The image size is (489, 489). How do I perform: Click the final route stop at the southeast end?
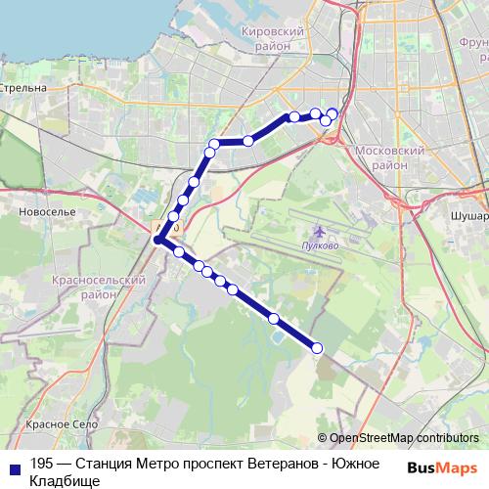tap(317, 348)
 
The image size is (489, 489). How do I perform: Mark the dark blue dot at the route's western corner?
tap(157, 239)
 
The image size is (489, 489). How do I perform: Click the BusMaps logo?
tap(442, 467)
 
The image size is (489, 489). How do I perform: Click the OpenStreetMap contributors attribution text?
tap(404, 437)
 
